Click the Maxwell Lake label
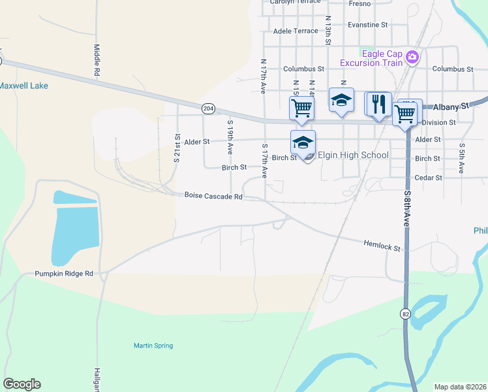point(23,86)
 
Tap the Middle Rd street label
point(97,61)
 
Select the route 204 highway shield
point(208,108)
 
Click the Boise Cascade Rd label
point(213,195)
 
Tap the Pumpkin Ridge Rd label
point(64,274)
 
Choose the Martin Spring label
point(153,346)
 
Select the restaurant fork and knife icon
point(378,103)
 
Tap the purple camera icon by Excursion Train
point(412,57)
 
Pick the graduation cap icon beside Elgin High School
point(303,142)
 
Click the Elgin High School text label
point(352,155)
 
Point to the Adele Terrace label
point(296,31)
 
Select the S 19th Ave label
point(230,137)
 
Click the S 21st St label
point(177,148)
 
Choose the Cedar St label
point(429,178)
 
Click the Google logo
point(22,384)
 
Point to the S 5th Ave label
point(461,158)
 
